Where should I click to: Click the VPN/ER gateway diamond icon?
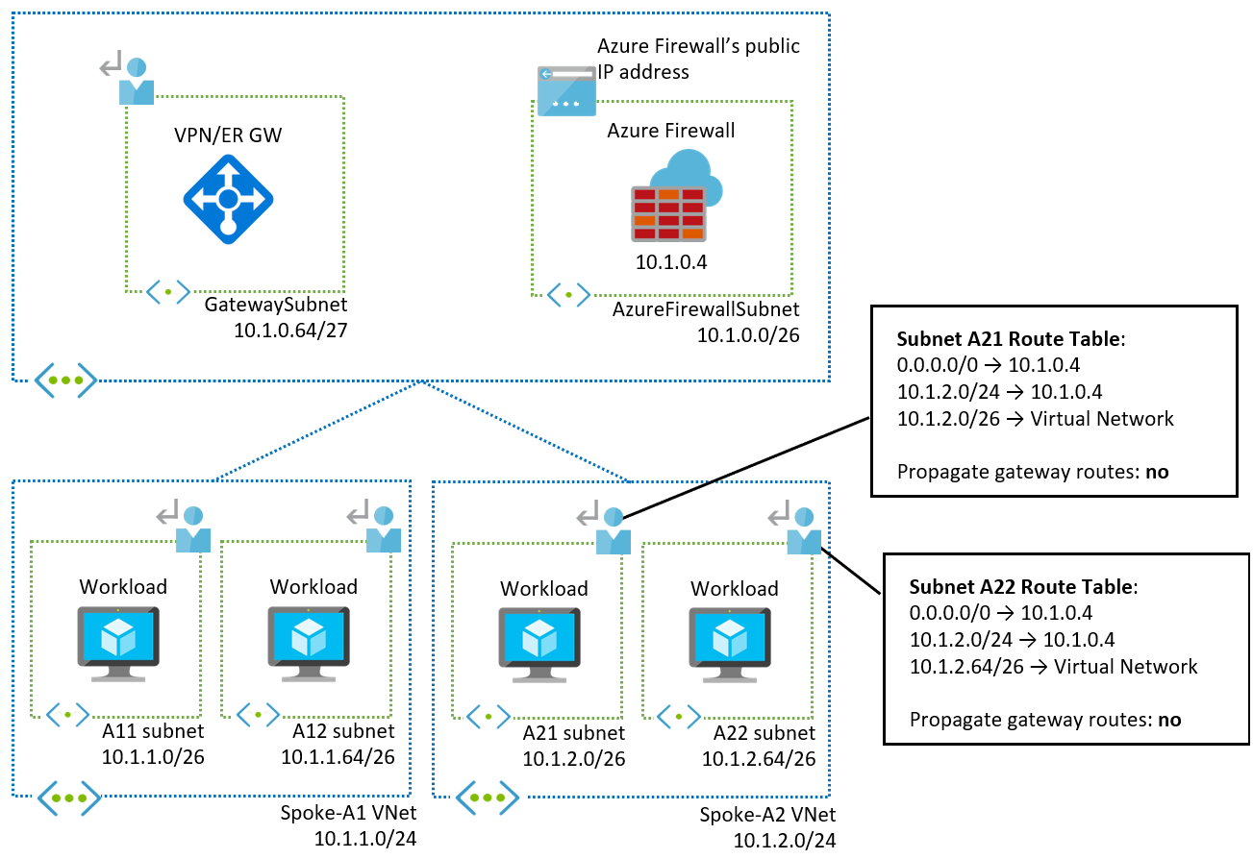click(x=228, y=199)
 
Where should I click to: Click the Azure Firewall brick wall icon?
click(x=667, y=213)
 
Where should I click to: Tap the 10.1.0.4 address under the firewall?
click(x=670, y=261)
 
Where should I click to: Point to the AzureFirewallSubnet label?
click(x=705, y=309)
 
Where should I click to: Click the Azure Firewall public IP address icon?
click(x=566, y=90)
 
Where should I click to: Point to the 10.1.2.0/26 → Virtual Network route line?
click(x=1035, y=419)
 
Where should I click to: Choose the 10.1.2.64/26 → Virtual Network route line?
click(x=1053, y=667)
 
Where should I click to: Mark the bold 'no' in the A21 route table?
click(x=1157, y=472)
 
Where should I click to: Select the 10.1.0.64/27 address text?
click(x=289, y=329)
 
